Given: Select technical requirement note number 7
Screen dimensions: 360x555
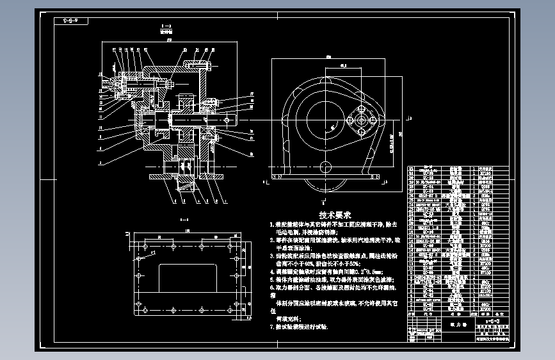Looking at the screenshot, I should pyautogui.click(x=301, y=327).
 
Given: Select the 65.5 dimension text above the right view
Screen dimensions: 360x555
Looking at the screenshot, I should pyautogui.click(x=343, y=65).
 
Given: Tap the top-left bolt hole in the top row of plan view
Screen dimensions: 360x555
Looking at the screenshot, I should pyautogui.click(x=147, y=245).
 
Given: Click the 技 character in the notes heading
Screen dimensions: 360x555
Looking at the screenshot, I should pyautogui.click(x=324, y=215).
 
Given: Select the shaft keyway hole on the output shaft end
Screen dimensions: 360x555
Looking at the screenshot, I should pyautogui.click(x=228, y=119).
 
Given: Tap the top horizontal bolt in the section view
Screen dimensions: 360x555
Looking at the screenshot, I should pyautogui.click(x=195, y=65).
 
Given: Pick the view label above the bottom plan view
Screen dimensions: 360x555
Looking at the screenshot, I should pyautogui.click(x=184, y=222).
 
